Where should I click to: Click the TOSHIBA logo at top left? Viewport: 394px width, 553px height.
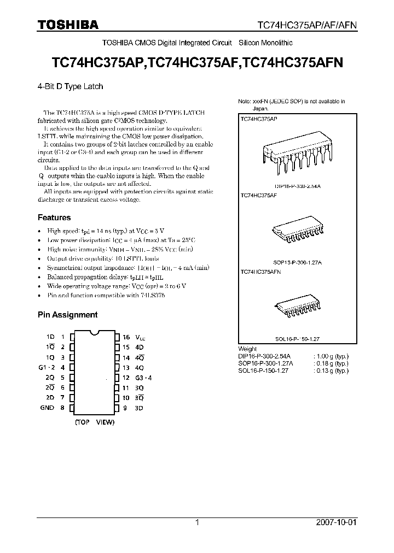pos(68,25)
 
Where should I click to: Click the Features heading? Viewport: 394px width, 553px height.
pos(54,217)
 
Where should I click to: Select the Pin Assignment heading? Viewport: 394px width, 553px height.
pos(67,315)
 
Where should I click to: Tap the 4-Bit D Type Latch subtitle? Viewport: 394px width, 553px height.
pos(70,86)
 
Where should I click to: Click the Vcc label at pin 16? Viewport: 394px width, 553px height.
pos(141,338)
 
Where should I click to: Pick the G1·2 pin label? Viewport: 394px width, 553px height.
pos(48,368)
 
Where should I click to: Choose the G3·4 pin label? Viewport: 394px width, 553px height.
pos(144,378)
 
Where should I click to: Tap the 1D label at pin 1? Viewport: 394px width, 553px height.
pos(50,337)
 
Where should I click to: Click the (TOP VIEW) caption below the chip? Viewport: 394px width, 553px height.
pos(94,422)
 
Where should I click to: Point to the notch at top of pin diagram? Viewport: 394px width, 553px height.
pos(94,332)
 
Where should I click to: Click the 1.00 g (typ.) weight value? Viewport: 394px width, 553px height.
pos(331,356)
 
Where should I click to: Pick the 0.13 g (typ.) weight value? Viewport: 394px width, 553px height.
pos(331,370)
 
